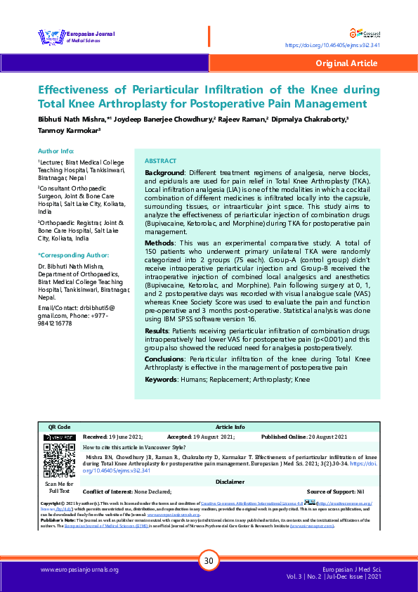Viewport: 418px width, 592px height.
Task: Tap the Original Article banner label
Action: (x=346, y=63)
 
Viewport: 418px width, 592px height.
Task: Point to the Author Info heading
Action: (x=56, y=151)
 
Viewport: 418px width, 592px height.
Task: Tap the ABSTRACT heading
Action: (x=160, y=161)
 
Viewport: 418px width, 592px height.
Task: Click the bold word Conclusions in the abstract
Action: (x=164, y=359)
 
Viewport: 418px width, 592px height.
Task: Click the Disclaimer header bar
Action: (x=230, y=482)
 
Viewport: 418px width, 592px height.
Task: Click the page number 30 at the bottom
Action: (x=208, y=561)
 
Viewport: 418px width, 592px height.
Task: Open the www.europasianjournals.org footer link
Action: (x=79, y=570)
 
